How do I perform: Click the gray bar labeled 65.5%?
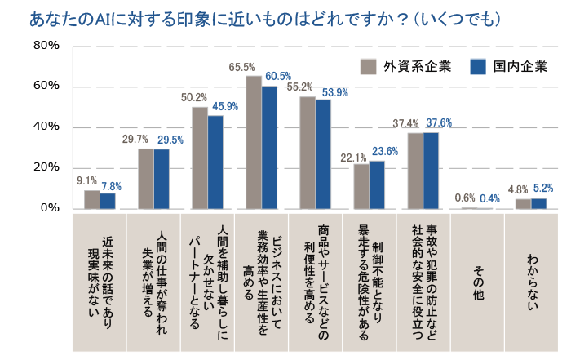(x=254, y=143)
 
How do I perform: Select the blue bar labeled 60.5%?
(x=269, y=148)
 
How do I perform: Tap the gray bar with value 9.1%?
(x=92, y=200)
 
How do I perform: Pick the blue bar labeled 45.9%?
(x=215, y=162)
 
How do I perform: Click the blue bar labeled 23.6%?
(x=377, y=185)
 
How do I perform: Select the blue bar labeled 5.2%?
(x=538, y=203)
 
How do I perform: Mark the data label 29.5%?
(x=170, y=140)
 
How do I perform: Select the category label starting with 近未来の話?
(x=100, y=282)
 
